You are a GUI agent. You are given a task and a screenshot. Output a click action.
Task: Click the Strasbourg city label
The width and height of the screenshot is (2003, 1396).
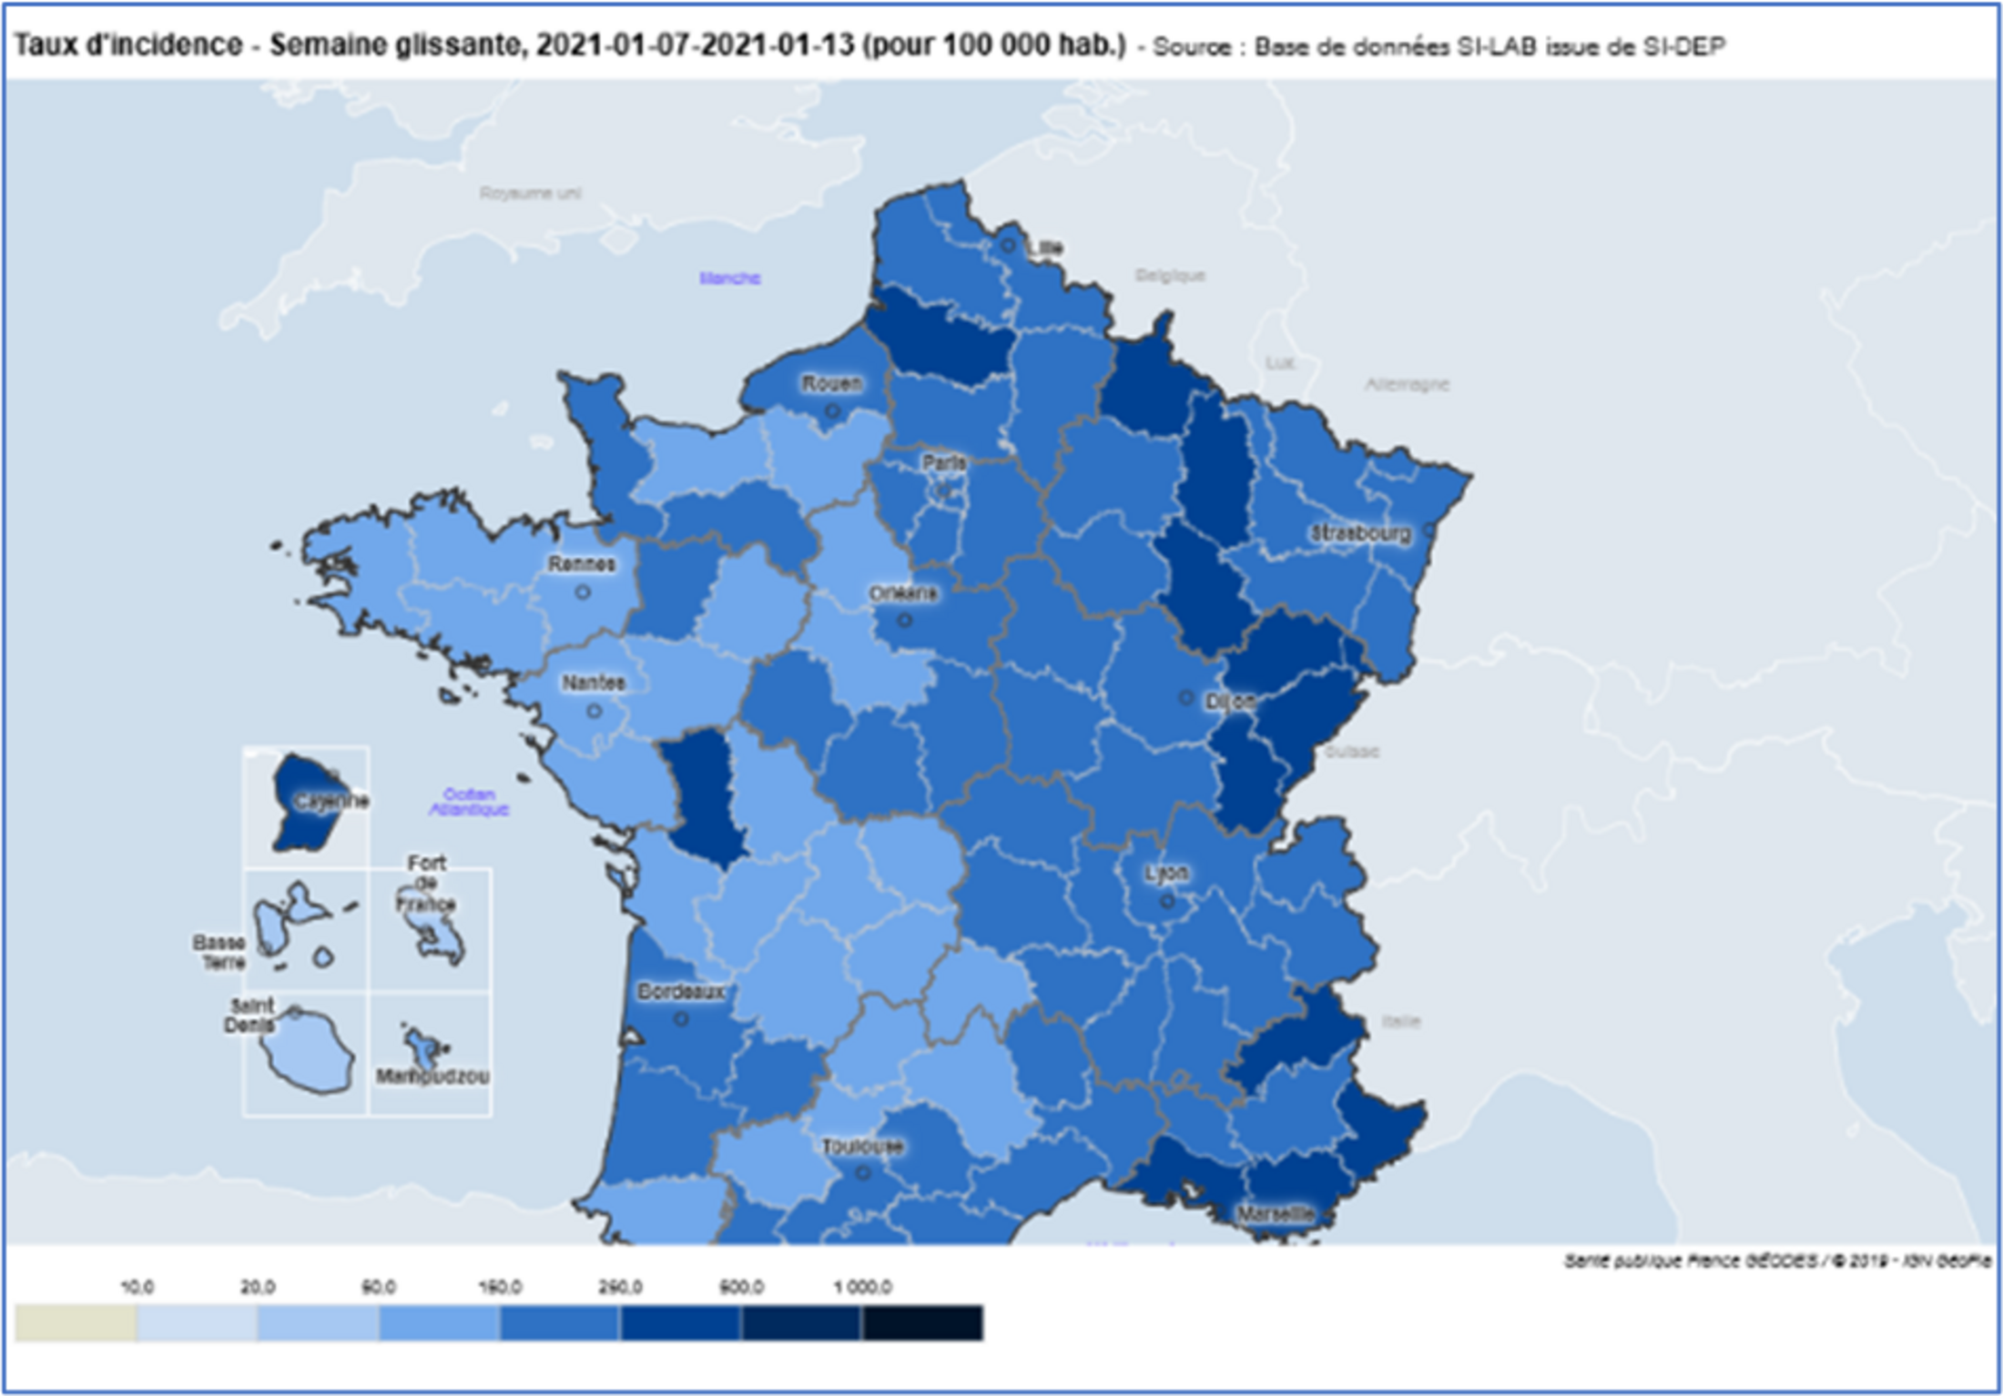click(x=1360, y=533)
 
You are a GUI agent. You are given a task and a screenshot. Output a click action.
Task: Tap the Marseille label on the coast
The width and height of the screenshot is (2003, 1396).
click(x=1275, y=1214)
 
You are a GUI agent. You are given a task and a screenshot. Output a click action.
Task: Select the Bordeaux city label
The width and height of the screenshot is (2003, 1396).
click(x=681, y=991)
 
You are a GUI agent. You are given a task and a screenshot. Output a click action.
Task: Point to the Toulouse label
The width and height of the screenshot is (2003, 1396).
click(x=862, y=1147)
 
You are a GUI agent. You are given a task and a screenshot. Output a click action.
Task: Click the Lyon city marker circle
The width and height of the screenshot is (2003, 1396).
click(x=1166, y=902)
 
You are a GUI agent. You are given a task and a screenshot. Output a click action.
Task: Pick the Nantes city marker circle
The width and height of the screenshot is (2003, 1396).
click(x=594, y=711)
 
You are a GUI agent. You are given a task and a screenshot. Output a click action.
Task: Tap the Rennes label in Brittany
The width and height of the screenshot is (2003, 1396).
click(x=581, y=564)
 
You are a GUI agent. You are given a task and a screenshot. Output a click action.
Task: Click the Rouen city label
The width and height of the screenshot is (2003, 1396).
click(x=831, y=383)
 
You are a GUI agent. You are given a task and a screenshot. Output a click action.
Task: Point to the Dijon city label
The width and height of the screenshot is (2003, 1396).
click(x=1230, y=702)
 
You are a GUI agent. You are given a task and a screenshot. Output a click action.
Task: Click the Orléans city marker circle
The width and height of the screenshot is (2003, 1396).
click(x=904, y=621)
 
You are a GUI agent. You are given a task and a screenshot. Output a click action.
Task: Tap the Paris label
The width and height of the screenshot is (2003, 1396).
click(x=943, y=463)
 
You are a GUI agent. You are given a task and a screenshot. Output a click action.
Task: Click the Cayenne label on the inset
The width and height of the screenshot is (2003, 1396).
click(x=331, y=802)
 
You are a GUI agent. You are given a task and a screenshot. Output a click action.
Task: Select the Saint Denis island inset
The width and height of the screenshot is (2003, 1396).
click(x=306, y=1051)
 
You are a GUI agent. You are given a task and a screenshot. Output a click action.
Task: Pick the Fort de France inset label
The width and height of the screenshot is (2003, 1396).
click(x=426, y=883)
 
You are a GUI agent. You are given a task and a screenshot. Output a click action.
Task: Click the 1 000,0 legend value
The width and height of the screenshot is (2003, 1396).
click(x=862, y=1287)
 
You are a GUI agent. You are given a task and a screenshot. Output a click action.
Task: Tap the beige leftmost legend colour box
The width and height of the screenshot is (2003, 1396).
click(x=76, y=1323)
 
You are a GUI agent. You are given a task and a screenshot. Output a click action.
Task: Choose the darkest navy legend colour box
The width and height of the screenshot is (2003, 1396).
click(x=922, y=1323)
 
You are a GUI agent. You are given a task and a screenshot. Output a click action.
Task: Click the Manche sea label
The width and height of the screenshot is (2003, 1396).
click(x=729, y=278)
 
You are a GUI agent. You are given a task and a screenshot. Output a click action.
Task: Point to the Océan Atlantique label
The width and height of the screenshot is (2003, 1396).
click(x=469, y=802)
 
